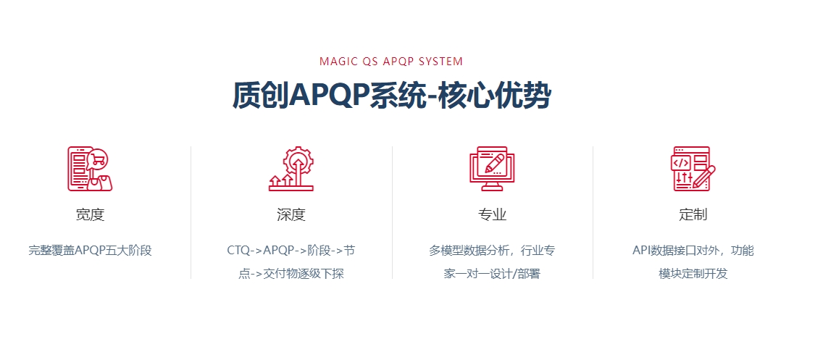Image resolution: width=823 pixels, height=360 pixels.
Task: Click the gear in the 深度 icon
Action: pos(298,159)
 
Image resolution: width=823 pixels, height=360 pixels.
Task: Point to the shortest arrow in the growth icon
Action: pos(275,182)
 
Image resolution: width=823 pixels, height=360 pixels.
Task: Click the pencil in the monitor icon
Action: pos(494,163)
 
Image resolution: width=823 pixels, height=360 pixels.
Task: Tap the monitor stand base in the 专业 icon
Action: pos(492,188)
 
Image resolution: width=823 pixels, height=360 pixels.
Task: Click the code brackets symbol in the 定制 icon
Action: pos(681,163)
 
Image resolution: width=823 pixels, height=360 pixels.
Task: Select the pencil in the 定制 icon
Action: pos(704,177)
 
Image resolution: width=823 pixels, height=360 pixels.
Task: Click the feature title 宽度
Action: pos(91,214)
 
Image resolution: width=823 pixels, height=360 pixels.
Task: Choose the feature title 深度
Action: pos(291,214)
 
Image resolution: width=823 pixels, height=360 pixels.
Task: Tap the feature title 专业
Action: pos(493,214)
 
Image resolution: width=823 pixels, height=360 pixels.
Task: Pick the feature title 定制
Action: pos(693,214)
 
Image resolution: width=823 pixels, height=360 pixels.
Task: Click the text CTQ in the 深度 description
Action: pos(239,251)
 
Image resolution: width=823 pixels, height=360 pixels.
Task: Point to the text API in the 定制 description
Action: pos(641,251)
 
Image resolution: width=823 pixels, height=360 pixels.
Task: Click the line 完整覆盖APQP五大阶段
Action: pos(91,251)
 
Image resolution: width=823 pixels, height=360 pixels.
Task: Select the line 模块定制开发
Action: pos(693,273)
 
